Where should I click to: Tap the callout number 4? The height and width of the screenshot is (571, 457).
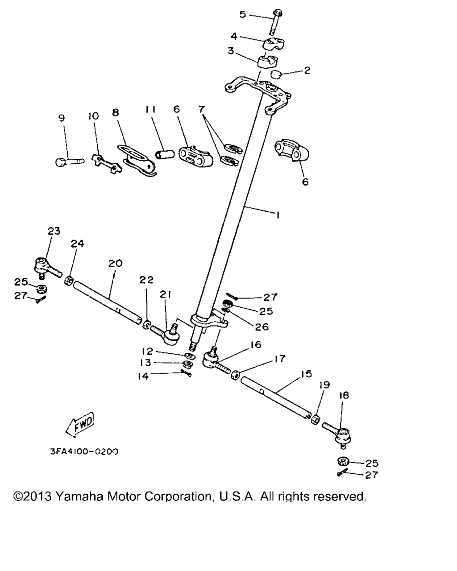coord(234,36)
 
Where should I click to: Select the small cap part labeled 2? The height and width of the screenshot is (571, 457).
coord(276,74)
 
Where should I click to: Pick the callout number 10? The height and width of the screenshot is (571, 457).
coord(93,116)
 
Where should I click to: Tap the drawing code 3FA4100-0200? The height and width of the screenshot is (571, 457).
coord(84,451)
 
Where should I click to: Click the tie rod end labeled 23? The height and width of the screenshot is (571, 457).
coord(47,268)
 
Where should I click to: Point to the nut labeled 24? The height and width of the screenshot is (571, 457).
coord(69,280)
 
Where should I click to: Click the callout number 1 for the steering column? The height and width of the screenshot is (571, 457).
coord(278,215)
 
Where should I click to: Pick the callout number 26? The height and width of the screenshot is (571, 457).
coord(262,327)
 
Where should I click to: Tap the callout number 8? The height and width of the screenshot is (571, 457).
coord(115,112)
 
